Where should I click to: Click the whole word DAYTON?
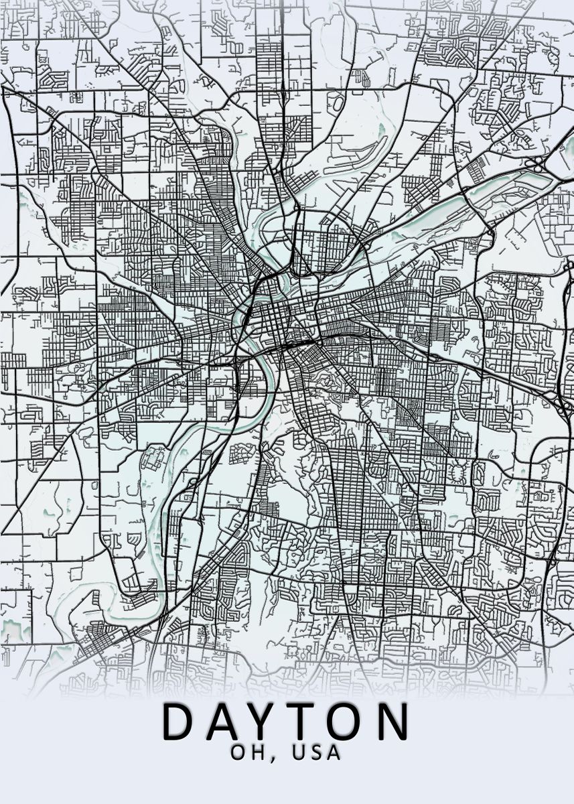[287, 722]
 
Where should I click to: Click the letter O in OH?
[238, 752]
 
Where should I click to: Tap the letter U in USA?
[299, 752]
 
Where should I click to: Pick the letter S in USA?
[317, 752]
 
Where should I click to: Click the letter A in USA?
[334, 752]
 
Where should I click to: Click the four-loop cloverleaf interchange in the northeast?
[536, 163]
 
